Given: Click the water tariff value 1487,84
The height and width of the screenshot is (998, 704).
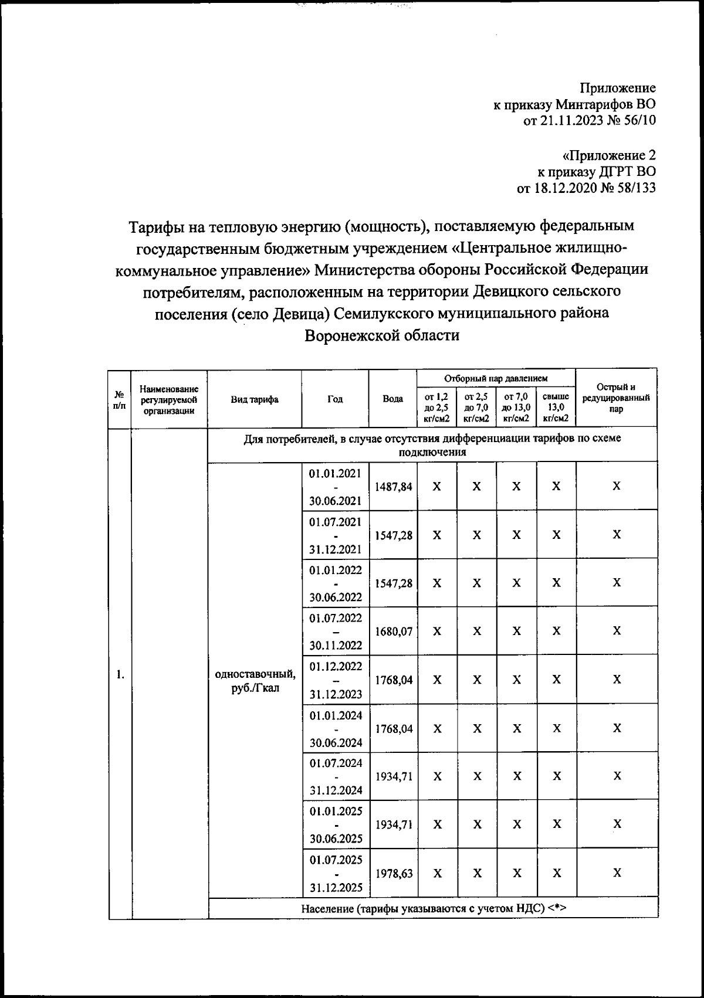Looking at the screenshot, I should pos(392,487).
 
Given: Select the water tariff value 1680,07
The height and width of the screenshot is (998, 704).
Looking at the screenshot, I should pos(392,632).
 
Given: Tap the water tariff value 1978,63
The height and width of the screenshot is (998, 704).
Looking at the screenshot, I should pos(392,873).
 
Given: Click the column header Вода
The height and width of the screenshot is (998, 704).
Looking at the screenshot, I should pos(392,399).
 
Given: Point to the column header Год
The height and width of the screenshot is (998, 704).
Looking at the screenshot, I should pos(335,399).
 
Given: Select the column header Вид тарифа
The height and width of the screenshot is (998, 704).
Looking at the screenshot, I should pos(255,399).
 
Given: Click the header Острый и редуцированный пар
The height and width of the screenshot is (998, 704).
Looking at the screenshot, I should pos(616,398).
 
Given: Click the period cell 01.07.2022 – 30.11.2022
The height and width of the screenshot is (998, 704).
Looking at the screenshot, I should pos(335,632).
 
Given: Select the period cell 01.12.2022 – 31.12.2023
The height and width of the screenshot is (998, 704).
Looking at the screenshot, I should pos(335,680).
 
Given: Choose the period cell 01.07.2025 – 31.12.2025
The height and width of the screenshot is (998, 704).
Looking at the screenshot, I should pos(335,873).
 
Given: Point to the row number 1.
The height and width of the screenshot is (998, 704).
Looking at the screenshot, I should pos(120,674).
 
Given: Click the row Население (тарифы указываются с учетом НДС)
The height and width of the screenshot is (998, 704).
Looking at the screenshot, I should pos(432,909).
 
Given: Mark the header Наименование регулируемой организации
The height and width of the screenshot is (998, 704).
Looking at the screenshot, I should pos(169,399).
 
